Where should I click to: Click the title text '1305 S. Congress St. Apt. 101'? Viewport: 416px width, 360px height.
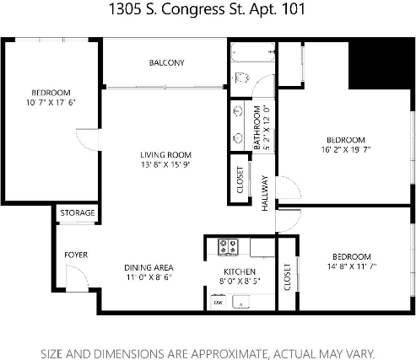point(208,12)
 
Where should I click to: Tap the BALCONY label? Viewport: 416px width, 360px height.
point(167,63)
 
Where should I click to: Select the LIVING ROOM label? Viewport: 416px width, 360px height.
point(165,155)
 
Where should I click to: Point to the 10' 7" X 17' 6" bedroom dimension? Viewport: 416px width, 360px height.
point(51,104)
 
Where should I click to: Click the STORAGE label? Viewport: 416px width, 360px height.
point(77,213)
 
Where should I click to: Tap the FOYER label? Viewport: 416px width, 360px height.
point(77,255)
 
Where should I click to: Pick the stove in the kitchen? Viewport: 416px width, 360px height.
point(228,247)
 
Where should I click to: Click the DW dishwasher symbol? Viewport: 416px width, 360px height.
point(218,301)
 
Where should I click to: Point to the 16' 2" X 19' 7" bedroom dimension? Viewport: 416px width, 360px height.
point(346,150)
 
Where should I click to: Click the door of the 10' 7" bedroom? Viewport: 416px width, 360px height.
point(87,139)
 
